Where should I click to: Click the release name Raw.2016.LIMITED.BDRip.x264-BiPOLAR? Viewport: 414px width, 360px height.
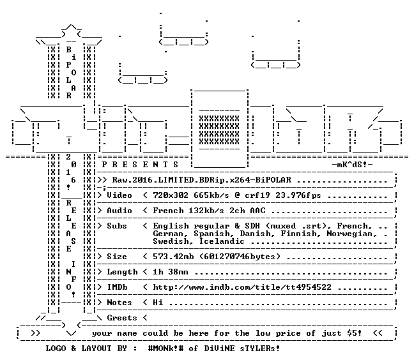coord(202,180)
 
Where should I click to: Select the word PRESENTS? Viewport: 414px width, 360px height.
coord(140,165)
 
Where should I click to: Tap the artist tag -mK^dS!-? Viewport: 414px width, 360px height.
coord(352,165)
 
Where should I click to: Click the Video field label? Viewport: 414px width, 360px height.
coord(119,195)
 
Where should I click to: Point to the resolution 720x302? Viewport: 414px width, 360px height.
coord(171,195)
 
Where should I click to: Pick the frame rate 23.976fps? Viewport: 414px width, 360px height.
coord(298,195)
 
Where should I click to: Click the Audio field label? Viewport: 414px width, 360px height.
coord(119,211)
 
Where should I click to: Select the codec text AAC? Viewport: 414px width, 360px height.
coord(257,211)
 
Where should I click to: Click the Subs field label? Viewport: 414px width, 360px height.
coord(117,226)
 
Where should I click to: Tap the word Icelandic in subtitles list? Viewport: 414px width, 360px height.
coord(222,241)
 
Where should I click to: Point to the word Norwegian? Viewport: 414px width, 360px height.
coord(349,234)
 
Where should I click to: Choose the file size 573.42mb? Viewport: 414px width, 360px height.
coord(173,257)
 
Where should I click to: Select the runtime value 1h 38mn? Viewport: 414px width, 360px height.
coord(171,272)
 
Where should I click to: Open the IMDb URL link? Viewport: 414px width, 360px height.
coord(242,287)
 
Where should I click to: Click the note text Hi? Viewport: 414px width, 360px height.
coord(158,303)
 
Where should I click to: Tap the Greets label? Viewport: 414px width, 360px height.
coord(122,317)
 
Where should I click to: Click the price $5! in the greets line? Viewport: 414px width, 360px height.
coord(355,333)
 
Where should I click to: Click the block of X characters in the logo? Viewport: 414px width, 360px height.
coord(219,130)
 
